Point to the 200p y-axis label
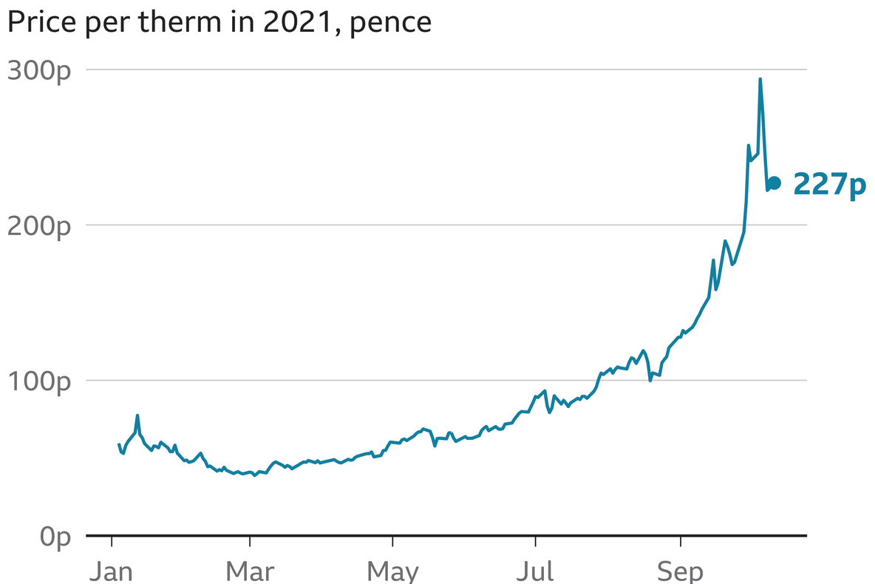[38, 226]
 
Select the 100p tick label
[38, 382]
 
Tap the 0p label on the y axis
[55, 537]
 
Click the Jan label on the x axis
[111, 571]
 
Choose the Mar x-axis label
[250, 571]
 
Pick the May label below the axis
[392, 571]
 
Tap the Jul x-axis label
[534, 571]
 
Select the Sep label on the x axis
[681, 571]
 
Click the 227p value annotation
[828, 184]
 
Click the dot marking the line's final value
[774, 183]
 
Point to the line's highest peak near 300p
[760, 79]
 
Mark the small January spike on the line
[137, 415]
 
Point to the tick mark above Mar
[250, 541]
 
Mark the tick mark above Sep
[681, 541]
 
